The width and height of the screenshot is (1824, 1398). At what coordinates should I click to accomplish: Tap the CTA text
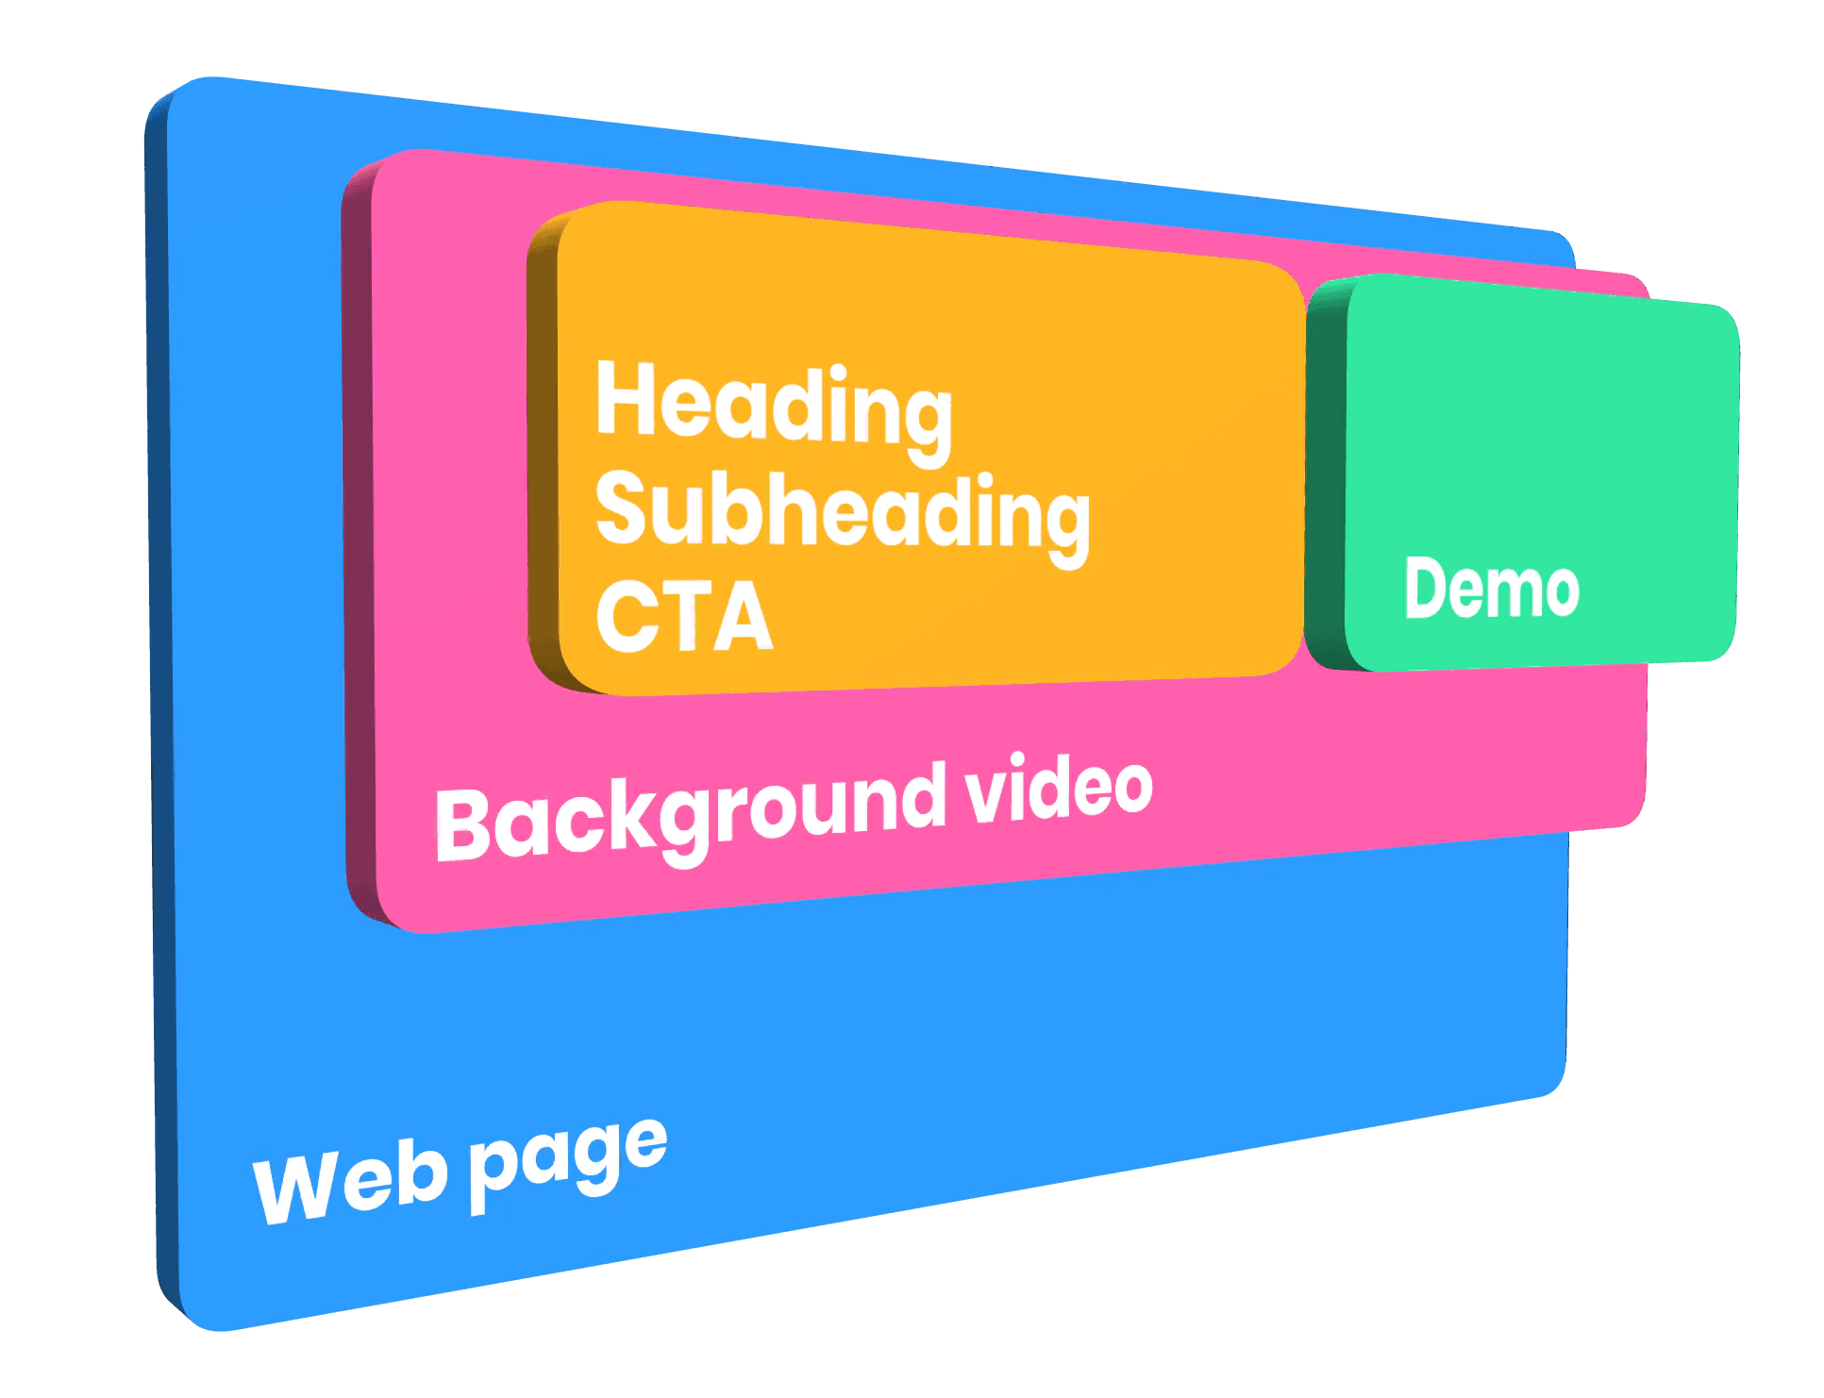pyautogui.click(x=684, y=617)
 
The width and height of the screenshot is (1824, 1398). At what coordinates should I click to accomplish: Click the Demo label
pyautogui.click(x=1491, y=588)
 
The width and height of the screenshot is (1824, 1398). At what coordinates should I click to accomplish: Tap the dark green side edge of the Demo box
pyautogui.click(x=1325, y=472)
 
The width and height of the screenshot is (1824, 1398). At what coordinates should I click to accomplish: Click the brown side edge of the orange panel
pyautogui.click(x=543, y=453)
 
